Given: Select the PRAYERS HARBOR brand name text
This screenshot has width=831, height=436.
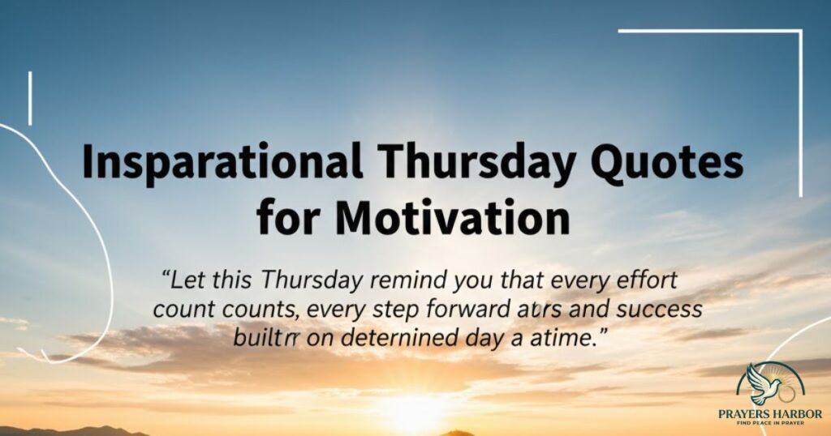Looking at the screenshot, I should [x=770, y=413].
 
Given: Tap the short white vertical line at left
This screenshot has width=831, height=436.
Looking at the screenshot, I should [x=30, y=98].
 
